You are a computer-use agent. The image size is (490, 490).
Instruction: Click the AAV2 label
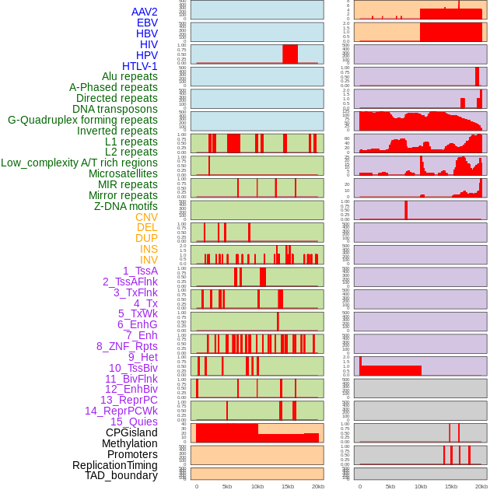click(x=145, y=12)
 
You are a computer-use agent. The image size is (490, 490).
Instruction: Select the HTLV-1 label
click(x=140, y=66)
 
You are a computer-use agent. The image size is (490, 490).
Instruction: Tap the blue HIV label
click(x=149, y=44)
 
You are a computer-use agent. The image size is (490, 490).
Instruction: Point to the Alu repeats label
click(x=130, y=76)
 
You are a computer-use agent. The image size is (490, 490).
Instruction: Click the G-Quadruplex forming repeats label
click(x=82, y=120)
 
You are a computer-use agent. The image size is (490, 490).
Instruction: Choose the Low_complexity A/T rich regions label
click(x=79, y=163)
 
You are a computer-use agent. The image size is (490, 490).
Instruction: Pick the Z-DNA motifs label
click(x=125, y=206)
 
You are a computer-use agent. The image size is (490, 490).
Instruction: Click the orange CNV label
click(x=146, y=217)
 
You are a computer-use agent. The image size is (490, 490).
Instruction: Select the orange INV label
click(x=149, y=260)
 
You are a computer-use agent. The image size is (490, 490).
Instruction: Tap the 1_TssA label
click(x=140, y=271)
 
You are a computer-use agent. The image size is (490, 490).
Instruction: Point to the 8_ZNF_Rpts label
click(x=127, y=346)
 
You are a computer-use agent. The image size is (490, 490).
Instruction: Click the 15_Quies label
click(x=134, y=422)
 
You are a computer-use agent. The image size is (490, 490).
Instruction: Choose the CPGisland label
click(x=131, y=432)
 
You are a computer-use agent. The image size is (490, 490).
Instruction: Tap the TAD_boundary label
click(x=121, y=475)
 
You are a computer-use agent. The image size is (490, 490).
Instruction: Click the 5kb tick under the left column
click(x=227, y=486)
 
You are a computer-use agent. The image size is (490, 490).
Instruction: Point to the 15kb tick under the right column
click(x=451, y=486)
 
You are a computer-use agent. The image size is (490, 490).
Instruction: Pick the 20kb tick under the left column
click(x=317, y=486)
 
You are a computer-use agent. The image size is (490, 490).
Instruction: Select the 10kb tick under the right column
click(x=421, y=486)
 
